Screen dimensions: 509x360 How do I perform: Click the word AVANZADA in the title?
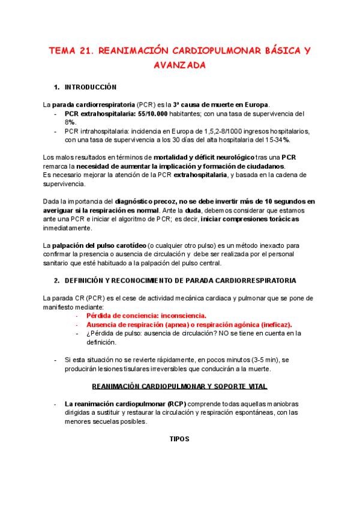click(180, 64)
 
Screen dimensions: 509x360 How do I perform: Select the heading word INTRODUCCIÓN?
click(91, 87)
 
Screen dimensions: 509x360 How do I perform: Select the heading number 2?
click(56, 280)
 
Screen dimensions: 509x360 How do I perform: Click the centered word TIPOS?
click(179, 439)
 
